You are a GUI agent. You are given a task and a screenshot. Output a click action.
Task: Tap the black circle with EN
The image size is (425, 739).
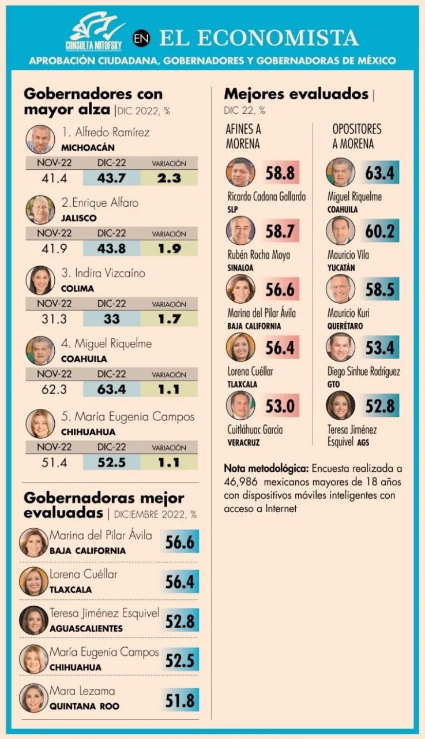click(141, 39)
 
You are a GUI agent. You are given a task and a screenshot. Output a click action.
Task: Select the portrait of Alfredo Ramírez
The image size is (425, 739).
click(40, 139)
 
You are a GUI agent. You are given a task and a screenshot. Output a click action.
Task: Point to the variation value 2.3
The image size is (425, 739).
click(169, 178)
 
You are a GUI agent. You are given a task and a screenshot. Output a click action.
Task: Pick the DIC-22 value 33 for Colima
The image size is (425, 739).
click(111, 319)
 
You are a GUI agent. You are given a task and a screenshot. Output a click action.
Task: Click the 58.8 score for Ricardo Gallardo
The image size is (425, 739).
click(280, 173)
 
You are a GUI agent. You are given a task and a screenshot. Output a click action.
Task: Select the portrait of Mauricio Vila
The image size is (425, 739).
click(340, 230)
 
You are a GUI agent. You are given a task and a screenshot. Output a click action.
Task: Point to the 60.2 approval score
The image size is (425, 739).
click(380, 231)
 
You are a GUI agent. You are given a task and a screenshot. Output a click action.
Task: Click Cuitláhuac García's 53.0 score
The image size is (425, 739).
click(280, 406)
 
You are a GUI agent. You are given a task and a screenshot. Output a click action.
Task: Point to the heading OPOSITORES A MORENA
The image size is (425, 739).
click(357, 136)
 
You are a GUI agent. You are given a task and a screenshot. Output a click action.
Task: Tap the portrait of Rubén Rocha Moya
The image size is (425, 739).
click(240, 230)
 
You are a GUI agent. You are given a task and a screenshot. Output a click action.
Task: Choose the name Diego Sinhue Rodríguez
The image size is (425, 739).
click(363, 371)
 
